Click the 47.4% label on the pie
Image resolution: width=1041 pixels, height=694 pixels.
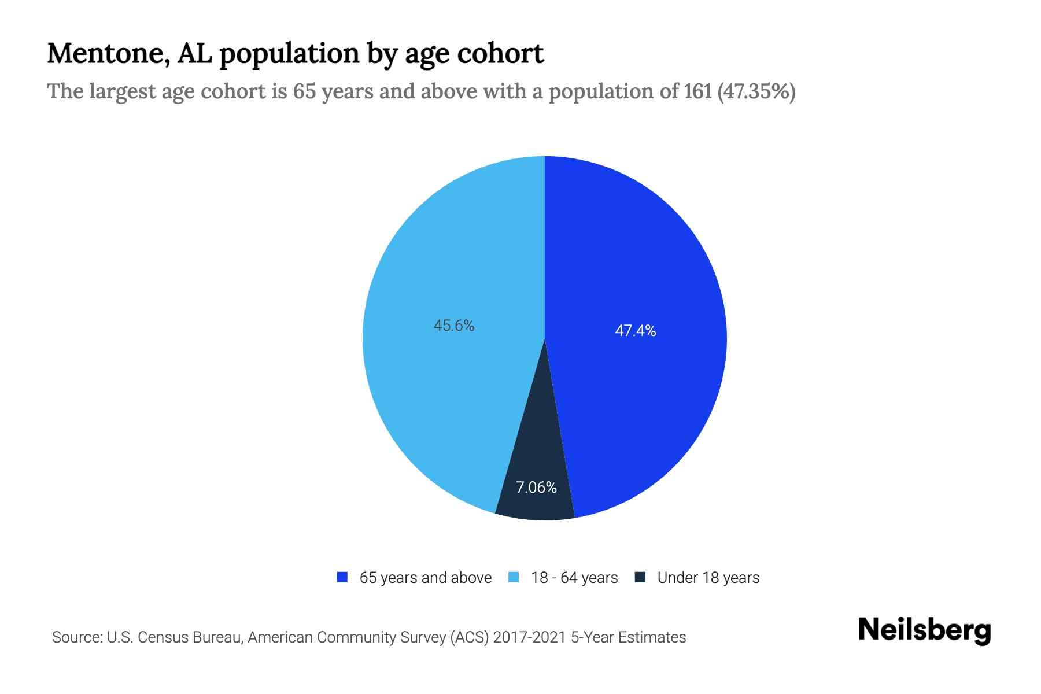(x=635, y=331)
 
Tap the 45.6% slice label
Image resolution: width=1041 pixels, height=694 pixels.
(x=454, y=326)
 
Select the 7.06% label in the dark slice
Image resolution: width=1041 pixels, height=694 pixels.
(x=536, y=488)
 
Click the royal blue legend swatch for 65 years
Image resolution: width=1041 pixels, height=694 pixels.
(x=342, y=577)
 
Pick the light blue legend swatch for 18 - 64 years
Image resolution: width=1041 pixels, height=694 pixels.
(x=514, y=577)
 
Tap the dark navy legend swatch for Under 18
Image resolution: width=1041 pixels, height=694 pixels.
(x=640, y=577)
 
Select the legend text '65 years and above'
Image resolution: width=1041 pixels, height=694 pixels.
(x=425, y=578)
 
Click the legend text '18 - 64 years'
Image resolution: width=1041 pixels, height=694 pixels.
(x=574, y=578)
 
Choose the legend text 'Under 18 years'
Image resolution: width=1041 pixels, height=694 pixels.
(x=708, y=578)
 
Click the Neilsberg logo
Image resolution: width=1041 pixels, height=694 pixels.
(x=924, y=631)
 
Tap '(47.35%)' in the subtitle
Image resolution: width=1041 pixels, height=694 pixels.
(x=756, y=91)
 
